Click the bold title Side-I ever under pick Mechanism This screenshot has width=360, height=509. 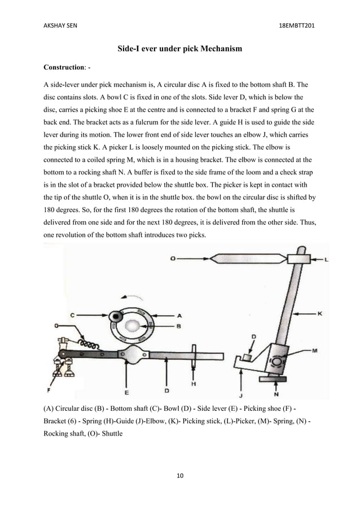(179, 49)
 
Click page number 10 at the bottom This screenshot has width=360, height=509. (180, 477)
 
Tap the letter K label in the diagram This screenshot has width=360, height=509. (319, 314)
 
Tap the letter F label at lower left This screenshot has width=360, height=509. (49, 390)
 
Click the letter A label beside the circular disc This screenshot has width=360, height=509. (179, 316)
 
